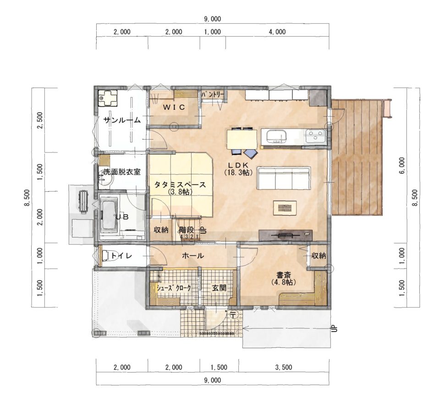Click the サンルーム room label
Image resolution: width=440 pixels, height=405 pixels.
[122, 120]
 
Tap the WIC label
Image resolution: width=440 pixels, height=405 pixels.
[174, 107]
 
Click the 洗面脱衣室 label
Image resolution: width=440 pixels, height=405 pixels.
[122, 172]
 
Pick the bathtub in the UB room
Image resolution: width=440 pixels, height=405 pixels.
[109, 214]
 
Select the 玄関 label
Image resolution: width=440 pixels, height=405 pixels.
[219, 288]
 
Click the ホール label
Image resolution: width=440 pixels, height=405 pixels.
[193, 255]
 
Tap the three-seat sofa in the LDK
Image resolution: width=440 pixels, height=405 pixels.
[284, 178]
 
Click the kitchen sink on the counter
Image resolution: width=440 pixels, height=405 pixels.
[276, 137]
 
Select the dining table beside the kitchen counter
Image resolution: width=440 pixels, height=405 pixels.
[242, 140]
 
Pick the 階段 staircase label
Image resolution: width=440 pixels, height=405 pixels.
[187, 230]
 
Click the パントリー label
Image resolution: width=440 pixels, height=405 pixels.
[212, 95]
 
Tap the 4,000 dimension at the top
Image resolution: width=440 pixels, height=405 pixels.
[277, 32]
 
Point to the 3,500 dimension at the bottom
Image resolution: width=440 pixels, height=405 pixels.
[284, 367]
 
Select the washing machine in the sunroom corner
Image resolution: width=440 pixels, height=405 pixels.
[108, 98]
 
